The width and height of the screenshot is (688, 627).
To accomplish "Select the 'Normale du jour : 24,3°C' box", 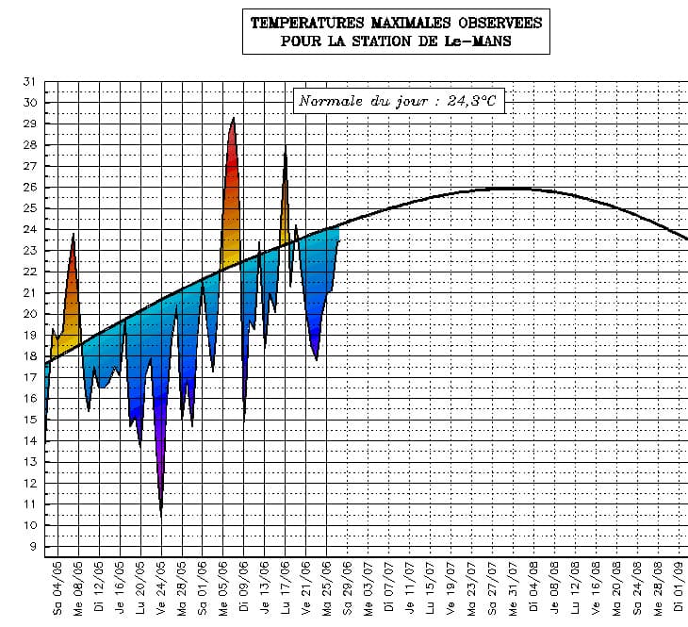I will [397, 101].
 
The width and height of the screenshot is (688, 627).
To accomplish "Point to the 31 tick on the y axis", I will [28, 81].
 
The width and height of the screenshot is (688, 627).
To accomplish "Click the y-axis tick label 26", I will [28, 187].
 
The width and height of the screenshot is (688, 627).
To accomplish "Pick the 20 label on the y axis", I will [28, 314].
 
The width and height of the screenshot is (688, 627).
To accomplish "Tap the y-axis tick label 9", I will [32, 547].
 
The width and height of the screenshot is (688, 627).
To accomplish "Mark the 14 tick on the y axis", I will [28, 441].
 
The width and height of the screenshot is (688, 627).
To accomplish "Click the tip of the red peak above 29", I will [233, 118].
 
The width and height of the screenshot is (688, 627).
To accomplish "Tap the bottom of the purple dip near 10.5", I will [161, 515].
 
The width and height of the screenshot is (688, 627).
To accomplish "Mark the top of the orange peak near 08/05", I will [74, 234].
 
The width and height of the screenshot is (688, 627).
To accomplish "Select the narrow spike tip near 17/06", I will [286, 147].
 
